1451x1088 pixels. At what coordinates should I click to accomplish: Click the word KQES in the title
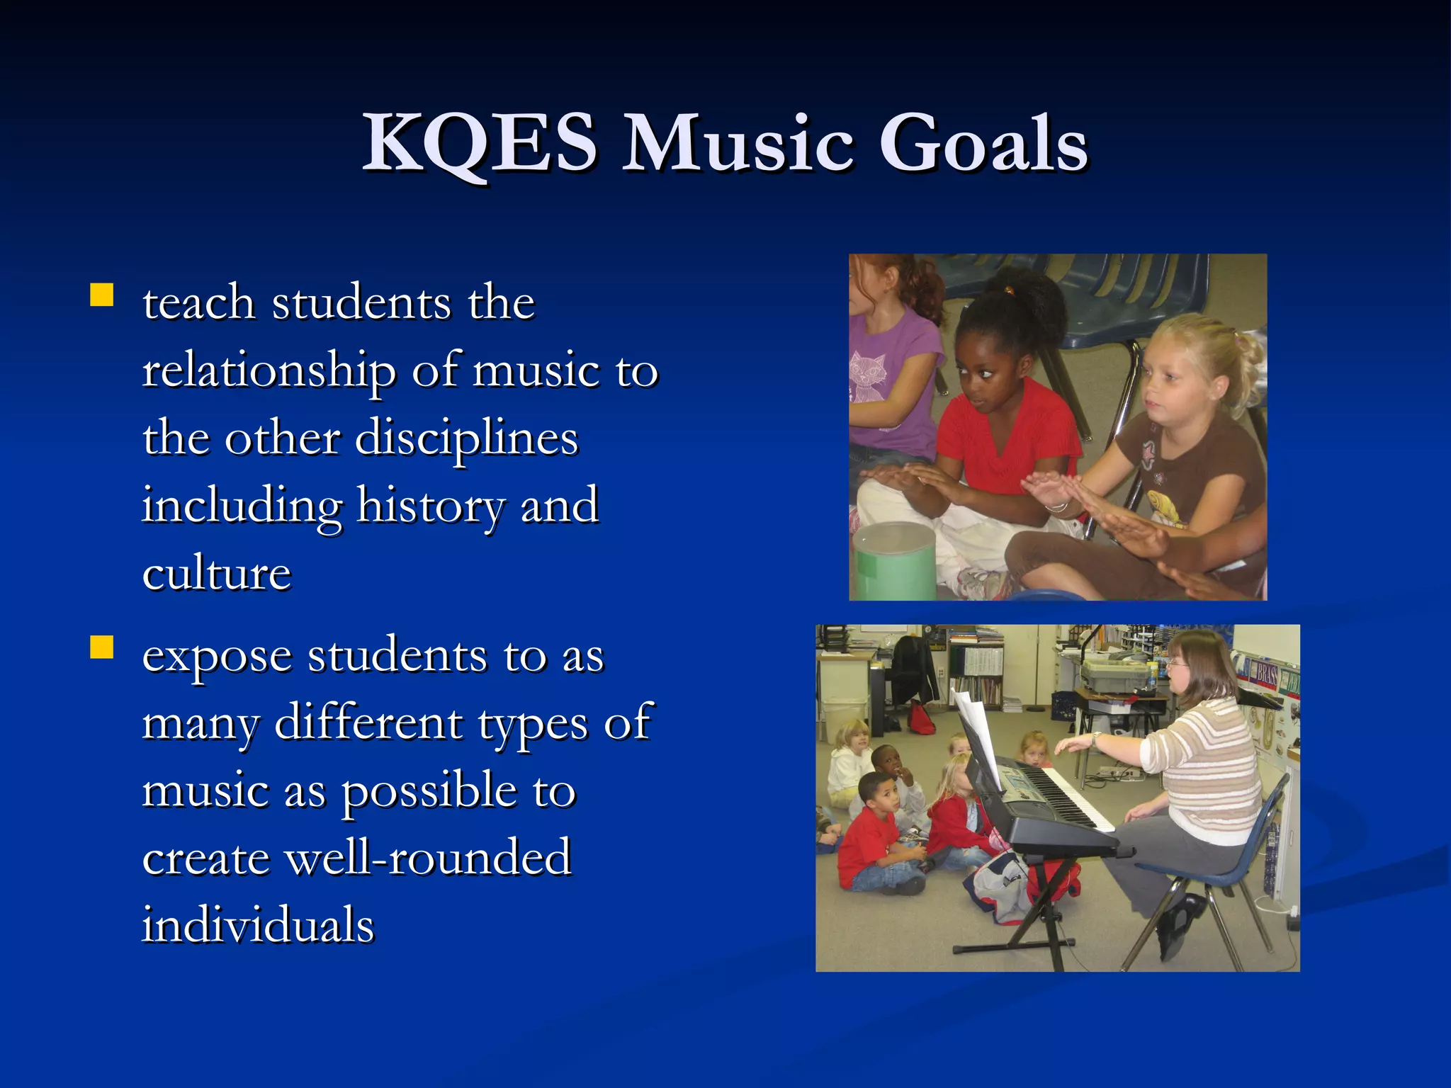point(480,143)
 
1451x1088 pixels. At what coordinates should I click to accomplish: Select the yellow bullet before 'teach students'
point(102,295)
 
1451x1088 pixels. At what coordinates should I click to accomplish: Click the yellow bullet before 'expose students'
point(102,647)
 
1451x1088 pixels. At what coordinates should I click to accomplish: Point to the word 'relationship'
point(269,371)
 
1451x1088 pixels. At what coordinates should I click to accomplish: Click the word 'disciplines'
point(466,439)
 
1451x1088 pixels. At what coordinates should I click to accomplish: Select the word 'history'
point(431,507)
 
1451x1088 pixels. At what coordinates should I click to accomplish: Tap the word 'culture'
point(217,574)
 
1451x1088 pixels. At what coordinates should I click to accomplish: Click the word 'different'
point(368,724)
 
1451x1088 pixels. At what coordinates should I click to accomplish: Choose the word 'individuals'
point(258,925)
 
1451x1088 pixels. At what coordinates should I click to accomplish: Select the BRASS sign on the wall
point(1267,673)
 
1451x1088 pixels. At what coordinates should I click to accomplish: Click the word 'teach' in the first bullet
point(198,303)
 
